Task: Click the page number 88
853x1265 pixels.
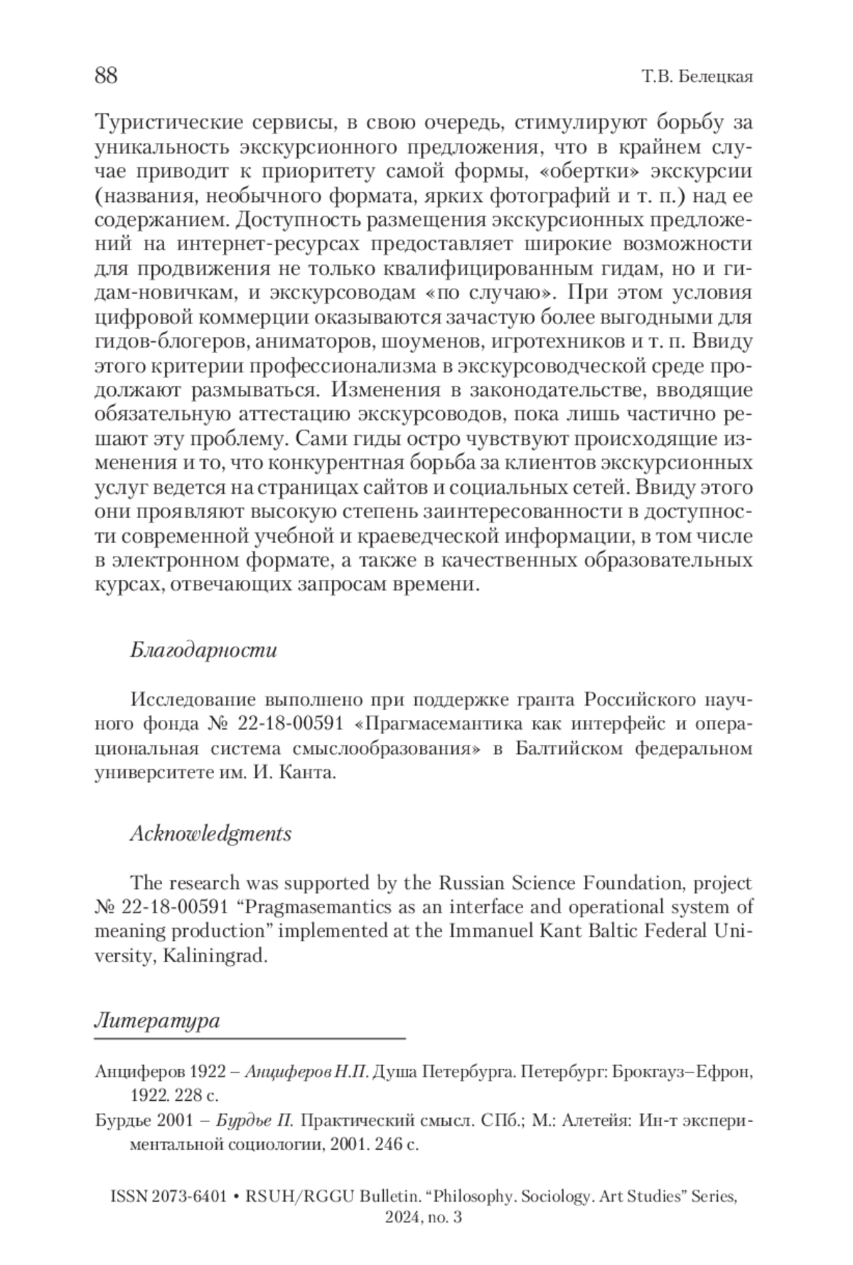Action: click(106, 75)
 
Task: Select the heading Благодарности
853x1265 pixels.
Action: click(203, 650)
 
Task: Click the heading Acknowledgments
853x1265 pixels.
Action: click(210, 834)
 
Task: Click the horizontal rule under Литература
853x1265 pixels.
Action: click(249, 1039)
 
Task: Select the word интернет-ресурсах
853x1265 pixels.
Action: click(269, 244)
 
